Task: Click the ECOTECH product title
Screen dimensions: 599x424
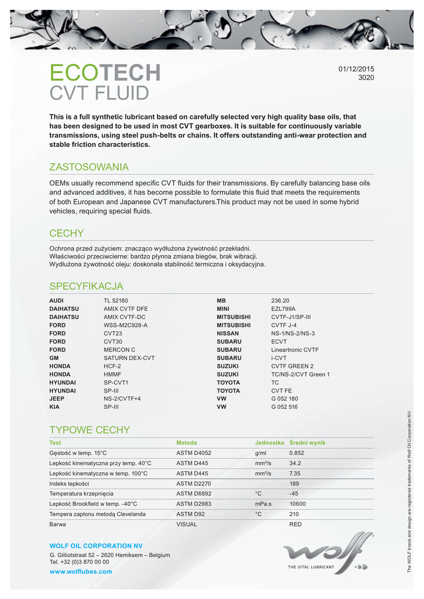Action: (105, 73)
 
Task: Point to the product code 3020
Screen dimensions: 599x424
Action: (366, 77)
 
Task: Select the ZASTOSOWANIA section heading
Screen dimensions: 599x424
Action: (89, 167)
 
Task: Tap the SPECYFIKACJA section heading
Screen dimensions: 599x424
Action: (87, 286)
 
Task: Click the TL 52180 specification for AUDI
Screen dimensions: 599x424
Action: (116, 300)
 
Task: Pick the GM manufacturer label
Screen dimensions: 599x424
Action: (54, 357)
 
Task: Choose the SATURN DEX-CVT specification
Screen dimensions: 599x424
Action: (129, 357)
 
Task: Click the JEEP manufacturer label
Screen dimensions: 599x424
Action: (57, 398)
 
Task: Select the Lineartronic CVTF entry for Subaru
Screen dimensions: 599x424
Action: (295, 349)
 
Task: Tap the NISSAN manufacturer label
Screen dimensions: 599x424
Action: (227, 333)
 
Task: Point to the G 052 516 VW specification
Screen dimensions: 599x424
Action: (284, 407)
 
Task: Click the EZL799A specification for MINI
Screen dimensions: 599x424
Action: (283, 308)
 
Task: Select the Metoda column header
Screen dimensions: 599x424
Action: (187, 443)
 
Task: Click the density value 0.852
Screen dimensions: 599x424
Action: (298, 453)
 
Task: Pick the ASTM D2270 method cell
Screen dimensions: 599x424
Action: (194, 484)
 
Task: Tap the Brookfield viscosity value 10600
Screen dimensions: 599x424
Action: (298, 504)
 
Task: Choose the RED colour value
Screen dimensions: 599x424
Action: (295, 524)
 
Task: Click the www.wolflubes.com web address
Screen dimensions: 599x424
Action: (81, 572)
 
